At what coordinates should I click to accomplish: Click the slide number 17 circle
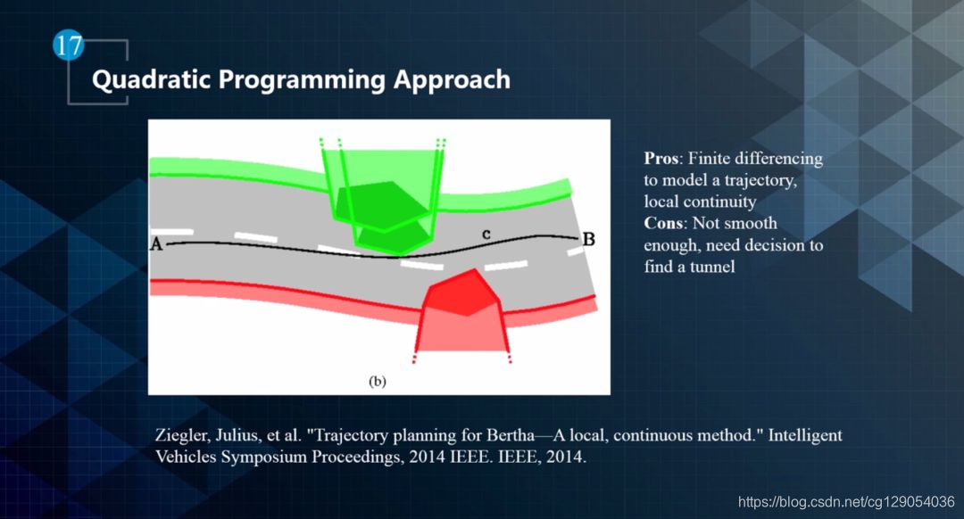[x=68, y=45]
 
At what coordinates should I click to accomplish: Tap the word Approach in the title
[x=452, y=80]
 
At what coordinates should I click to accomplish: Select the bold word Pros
[x=661, y=159]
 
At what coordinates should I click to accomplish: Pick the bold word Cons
[x=662, y=223]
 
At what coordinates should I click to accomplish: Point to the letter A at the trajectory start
[x=157, y=244]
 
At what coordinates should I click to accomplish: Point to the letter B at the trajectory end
[x=588, y=239]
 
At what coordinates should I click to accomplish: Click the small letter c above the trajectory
[x=486, y=234]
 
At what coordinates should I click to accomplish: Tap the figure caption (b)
[x=378, y=382]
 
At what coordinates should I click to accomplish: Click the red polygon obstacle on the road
[x=462, y=292]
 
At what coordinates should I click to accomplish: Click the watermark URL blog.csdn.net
[x=846, y=502]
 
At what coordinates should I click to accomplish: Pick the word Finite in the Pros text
[x=708, y=159]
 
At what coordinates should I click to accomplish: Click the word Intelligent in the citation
[x=805, y=436]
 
